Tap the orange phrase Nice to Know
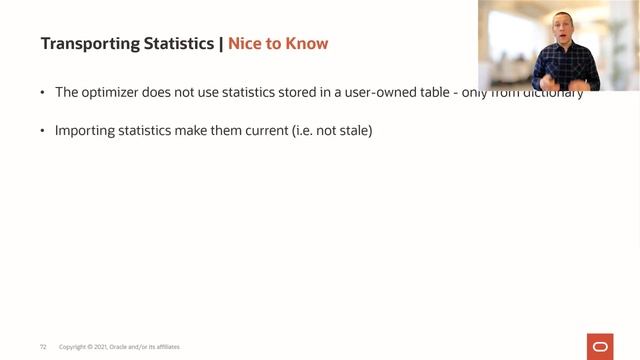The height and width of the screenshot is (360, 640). [278, 44]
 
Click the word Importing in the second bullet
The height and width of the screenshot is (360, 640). [84, 131]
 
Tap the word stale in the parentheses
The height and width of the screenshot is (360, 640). [350, 131]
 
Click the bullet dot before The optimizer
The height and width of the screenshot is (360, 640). [43, 93]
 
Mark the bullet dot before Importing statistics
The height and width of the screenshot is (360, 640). [43, 131]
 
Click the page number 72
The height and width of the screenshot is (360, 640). [43, 347]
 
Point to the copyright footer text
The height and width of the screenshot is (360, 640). [120, 347]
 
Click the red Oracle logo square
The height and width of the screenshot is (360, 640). [601, 345]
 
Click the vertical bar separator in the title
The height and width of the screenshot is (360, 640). [220, 44]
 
